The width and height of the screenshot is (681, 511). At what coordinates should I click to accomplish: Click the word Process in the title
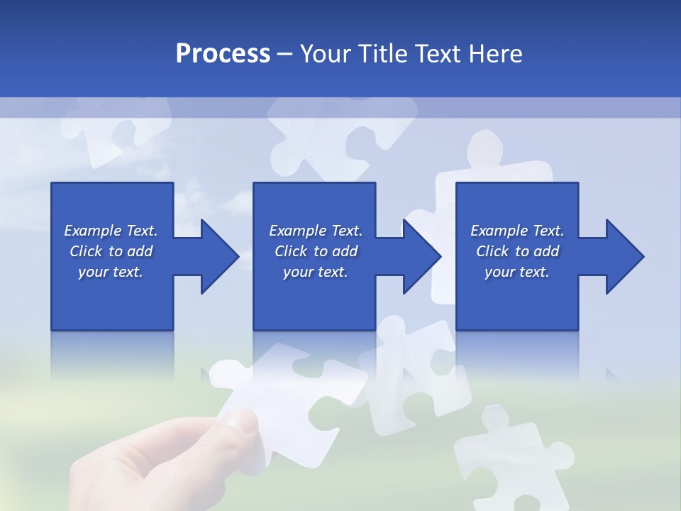click(x=223, y=54)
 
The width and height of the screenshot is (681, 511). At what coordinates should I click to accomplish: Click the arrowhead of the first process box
click(x=216, y=256)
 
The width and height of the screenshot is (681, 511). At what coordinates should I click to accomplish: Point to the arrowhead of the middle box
click(x=419, y=256)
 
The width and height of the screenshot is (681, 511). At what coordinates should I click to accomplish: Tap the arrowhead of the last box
click(x=622, y=256)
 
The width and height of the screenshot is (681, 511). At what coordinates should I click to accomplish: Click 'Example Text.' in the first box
click(x=111, y=231)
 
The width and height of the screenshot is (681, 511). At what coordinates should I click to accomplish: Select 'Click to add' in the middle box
click(x=316, y=251)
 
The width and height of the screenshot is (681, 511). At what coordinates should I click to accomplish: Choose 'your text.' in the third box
click(x=517, y=272)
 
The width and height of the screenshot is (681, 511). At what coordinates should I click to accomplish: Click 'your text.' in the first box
click(x=111, y=272)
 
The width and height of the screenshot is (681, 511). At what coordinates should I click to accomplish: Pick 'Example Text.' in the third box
click(x=517, y=231)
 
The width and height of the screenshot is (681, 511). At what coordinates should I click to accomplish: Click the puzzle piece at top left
click(x=117, y=128)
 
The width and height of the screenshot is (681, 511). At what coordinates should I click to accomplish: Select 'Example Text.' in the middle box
click(x=316, y=231)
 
